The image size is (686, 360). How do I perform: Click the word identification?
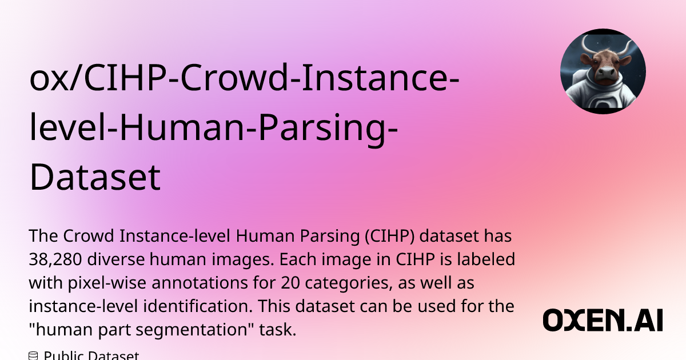194,306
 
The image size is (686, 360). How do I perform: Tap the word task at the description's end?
277,330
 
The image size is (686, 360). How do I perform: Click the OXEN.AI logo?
603,321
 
